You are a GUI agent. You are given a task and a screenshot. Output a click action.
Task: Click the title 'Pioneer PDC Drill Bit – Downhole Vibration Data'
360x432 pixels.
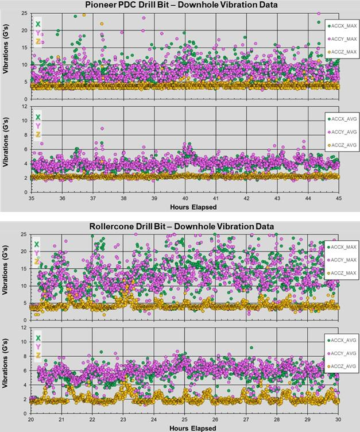click(180, 5)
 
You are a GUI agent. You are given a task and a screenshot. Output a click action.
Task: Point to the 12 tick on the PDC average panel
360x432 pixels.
click(25, 106)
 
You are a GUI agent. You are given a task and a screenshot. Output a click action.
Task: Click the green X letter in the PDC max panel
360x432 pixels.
click(38, 24)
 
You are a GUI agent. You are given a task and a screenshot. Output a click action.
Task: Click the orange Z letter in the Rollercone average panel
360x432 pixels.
click(38, 356)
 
